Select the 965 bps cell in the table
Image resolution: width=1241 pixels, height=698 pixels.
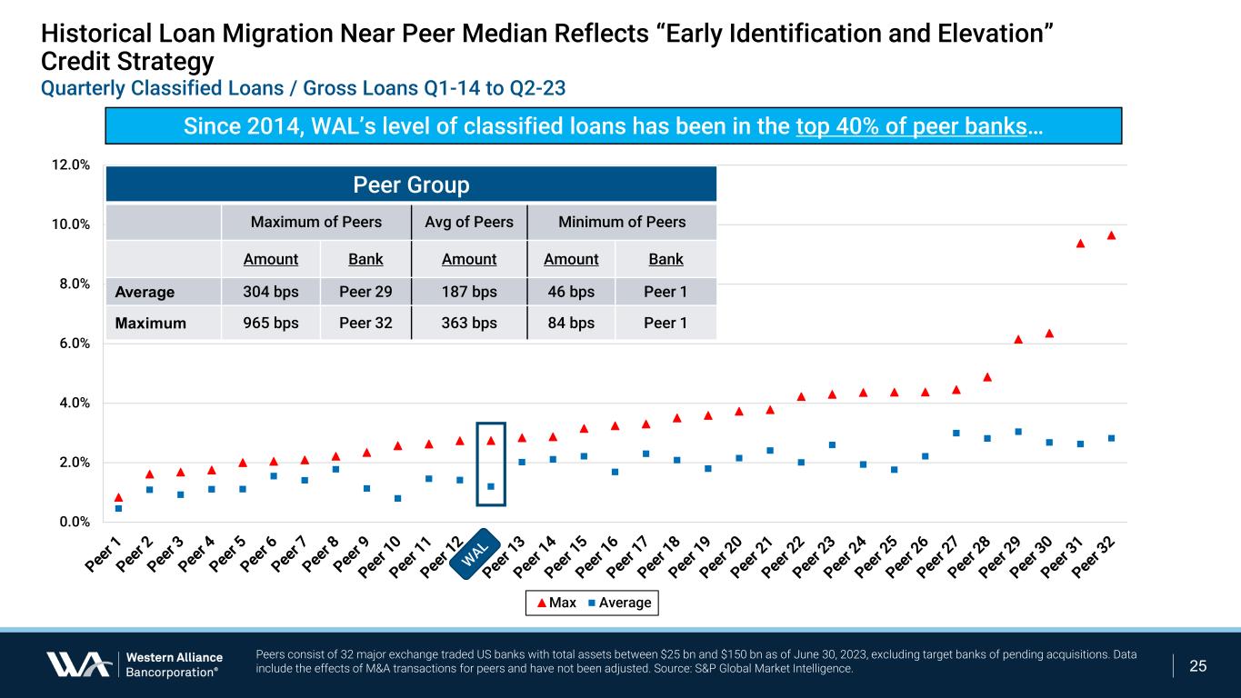[x=271, y=323]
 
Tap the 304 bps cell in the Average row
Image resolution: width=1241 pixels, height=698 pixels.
[x=271, y=292]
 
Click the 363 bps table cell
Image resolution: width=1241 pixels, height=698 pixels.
[x=469, y=323]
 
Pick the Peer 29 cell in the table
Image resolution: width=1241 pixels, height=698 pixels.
[x=365, y=292]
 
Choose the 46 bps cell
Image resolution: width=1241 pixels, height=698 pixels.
[x=571, y=292]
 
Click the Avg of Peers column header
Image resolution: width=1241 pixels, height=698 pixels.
[x=469, y=223]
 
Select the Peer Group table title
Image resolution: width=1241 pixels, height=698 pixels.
[x=411, y=185]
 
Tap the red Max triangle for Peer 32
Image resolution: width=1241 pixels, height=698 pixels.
[x=1111, y=235]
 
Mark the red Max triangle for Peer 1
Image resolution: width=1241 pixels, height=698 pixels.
[x=118, y=497]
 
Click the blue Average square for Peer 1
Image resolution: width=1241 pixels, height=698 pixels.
[x=118, y=509]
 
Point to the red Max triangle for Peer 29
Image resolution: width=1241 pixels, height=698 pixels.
[x=1018, y=340]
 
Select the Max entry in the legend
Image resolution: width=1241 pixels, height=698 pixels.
[x=555, y=603]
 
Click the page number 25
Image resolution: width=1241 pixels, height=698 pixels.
[x=1198, y=666]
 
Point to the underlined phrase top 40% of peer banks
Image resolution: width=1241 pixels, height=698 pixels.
[x=911, y=126]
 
